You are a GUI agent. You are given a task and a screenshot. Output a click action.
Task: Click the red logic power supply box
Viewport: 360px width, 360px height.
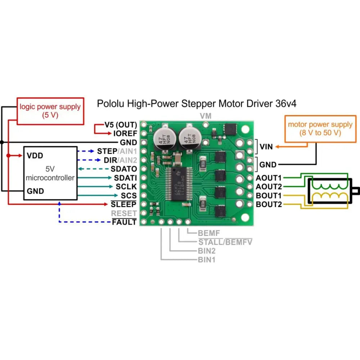(50, 111)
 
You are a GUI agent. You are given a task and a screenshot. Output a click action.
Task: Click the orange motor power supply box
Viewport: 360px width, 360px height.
(320, 129)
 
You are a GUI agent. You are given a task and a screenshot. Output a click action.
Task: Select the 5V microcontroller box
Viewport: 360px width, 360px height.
(50, 173)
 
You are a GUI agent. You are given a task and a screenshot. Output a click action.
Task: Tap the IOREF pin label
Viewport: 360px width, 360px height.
(125, 134)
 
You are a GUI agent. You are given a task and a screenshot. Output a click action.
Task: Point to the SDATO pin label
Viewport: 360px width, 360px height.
(123, 169)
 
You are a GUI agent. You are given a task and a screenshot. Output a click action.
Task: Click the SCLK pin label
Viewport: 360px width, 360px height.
(126, 187)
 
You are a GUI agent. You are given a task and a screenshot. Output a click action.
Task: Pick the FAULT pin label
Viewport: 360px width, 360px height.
(124, 222)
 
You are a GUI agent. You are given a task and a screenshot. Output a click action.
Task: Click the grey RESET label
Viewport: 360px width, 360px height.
(124, 213)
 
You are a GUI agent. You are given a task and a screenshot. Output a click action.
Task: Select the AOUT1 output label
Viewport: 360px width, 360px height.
(269, 178)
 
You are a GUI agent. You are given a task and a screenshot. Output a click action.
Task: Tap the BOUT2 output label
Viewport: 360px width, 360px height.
(269, 204)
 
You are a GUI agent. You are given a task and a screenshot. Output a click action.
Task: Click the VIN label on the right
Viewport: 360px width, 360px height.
(266, 147)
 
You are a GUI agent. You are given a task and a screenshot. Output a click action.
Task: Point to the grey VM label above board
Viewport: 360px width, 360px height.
(206, 116)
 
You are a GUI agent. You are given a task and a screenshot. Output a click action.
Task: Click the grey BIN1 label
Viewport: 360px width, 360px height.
(206, 260)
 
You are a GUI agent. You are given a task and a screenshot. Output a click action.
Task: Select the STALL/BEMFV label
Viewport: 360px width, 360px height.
(225, 242)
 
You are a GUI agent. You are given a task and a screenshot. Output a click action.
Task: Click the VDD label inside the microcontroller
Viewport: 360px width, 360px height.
(35, 156)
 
